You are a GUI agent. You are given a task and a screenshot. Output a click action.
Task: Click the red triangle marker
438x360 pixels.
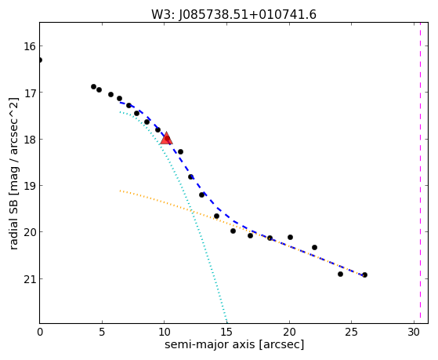tap(166, 138)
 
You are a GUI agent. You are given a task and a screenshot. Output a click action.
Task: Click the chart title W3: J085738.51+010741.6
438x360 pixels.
tap(233, 14)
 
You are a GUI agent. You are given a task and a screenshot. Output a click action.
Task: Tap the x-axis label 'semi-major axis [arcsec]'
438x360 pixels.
tap(234, 344)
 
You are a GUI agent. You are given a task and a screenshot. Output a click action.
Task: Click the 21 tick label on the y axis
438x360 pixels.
tap(30, 279)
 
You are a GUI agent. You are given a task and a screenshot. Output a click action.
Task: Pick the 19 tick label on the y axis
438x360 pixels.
tap(30, 186)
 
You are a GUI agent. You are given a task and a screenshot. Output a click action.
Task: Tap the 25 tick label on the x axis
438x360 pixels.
tap(351, 332)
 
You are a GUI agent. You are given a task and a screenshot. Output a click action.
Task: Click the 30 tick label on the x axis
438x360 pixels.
tap(414, 332)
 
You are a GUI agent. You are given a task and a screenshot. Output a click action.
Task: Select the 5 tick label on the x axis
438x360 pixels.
tap(102, 332)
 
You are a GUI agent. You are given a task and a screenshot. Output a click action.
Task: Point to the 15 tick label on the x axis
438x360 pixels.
tap(226, 332)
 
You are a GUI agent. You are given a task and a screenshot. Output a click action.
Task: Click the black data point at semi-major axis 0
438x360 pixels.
tap(40, 60)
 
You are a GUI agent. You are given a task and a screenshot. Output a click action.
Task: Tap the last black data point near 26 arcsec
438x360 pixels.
tap(364, 275)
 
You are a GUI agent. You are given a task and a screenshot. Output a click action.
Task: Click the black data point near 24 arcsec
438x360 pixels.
tap(340, 274)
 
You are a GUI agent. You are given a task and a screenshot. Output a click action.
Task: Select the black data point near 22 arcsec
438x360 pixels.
tap(314, 247)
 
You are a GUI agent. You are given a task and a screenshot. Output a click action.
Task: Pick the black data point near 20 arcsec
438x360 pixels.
tap(290, 237)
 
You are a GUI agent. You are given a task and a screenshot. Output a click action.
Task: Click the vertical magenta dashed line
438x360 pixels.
tap(420, 173)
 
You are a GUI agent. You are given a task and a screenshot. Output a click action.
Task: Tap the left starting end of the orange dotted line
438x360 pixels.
tap(120, 191)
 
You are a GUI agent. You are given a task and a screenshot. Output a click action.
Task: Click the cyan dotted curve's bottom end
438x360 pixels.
tap(226, 322)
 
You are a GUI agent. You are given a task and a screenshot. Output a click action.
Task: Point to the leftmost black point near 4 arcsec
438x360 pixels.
tap(93, 87)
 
